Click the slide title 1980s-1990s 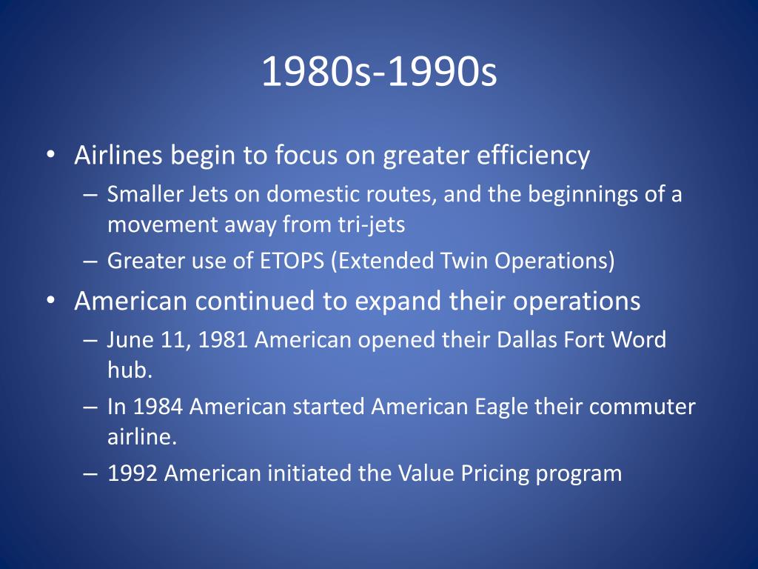tap(379, 71)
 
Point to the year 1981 tap(223, 339)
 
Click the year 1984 tap(158, 406)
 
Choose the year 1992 tap(133, 473)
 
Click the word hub tap(130, 370)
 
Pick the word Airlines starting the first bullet tap(118, 155)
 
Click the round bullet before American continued tap(51, 301)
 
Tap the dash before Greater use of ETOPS tap(90, 262)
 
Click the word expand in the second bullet tap(398, 302)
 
